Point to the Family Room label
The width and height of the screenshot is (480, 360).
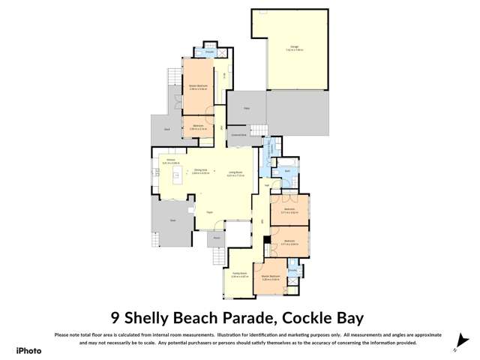239,274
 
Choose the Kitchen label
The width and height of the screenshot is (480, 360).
170,161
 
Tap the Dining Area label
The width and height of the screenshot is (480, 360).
200,171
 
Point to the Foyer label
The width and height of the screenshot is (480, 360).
210,212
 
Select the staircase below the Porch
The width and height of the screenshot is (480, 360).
219,257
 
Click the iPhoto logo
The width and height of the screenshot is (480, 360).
28,350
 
